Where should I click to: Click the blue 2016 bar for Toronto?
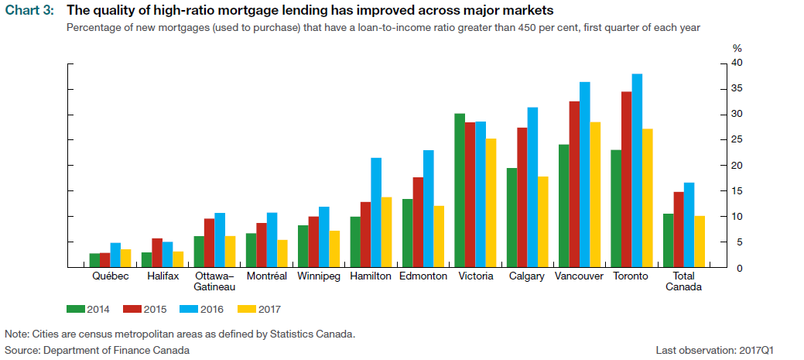(x=637, y=170)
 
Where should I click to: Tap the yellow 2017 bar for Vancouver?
(x=596, y=194)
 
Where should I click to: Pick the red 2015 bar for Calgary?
(x=522, y=197)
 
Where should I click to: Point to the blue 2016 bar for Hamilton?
(x=376, y=213)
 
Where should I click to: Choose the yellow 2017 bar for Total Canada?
(x=700, y=242)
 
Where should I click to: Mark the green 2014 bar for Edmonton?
(x=407, y=233)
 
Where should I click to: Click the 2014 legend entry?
(x=88, y=310)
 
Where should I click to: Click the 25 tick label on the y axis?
(x=737, y=140)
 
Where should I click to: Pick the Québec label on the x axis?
(x=110, y=276)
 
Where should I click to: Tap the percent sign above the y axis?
(x=736, y=49)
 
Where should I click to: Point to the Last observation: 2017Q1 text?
(x=727, y=350)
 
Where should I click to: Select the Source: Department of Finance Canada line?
(x=97, y=350)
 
